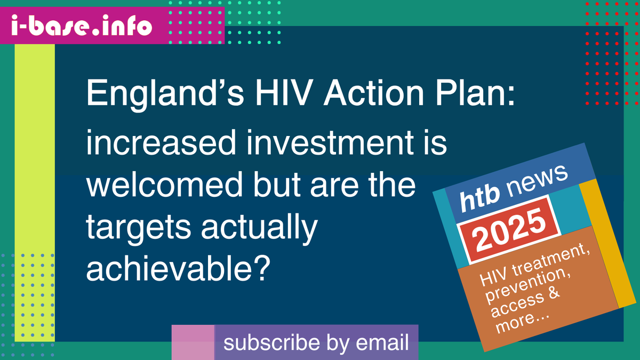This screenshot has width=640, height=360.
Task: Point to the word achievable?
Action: click(177, 269)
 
